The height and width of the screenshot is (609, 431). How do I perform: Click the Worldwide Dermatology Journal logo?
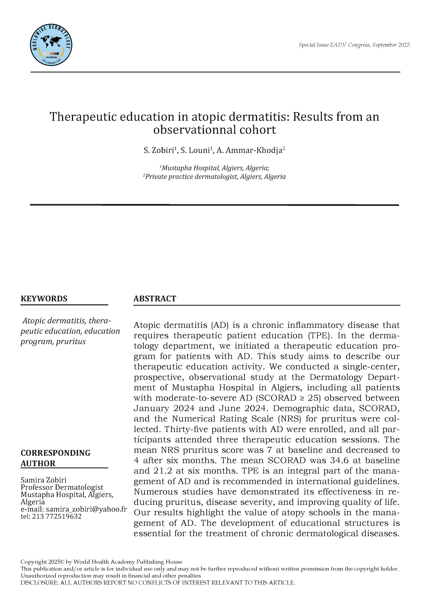[x=51, y=45]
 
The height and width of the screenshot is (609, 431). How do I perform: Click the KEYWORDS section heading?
[x=44, y=299]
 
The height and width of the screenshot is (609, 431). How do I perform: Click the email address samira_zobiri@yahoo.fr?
[x=86, y=509]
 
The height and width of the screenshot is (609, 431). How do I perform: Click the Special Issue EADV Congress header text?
[x=354, y=45]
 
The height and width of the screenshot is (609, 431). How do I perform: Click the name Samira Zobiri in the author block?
[x=43, y=480]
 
